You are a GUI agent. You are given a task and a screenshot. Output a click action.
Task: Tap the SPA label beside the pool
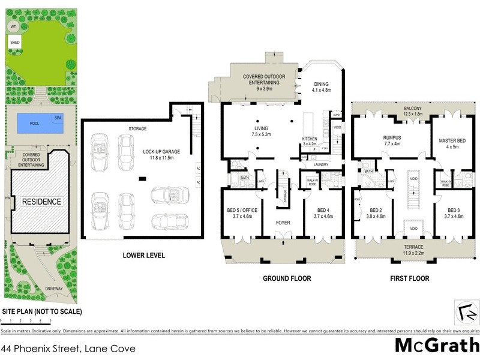58,118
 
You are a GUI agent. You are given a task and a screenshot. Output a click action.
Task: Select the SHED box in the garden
14,43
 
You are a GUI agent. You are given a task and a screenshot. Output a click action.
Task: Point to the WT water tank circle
13,27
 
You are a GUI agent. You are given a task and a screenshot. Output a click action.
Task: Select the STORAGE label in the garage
137,129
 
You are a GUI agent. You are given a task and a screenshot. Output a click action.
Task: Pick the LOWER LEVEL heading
143,255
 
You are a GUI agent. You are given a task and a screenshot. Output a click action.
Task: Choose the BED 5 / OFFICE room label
240,210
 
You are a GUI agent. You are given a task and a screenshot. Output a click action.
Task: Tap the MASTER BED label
450,140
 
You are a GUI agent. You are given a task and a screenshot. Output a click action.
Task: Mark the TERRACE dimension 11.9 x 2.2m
412,253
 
